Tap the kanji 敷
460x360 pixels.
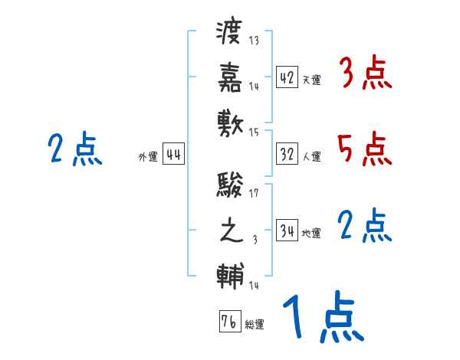coord(231,121)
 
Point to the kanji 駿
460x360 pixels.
coord(231,186)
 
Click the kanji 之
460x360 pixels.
coord(231,231)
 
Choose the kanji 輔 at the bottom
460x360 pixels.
coord(231,275)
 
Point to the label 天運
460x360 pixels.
coord(311,80)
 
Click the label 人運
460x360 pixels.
coord(311,156)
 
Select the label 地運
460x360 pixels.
coord(311,233)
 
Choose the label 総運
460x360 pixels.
coord(254,324)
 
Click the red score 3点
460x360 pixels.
coord(364,75)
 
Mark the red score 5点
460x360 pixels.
coord(364,149)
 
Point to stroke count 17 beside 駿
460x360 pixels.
coord(254,193)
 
